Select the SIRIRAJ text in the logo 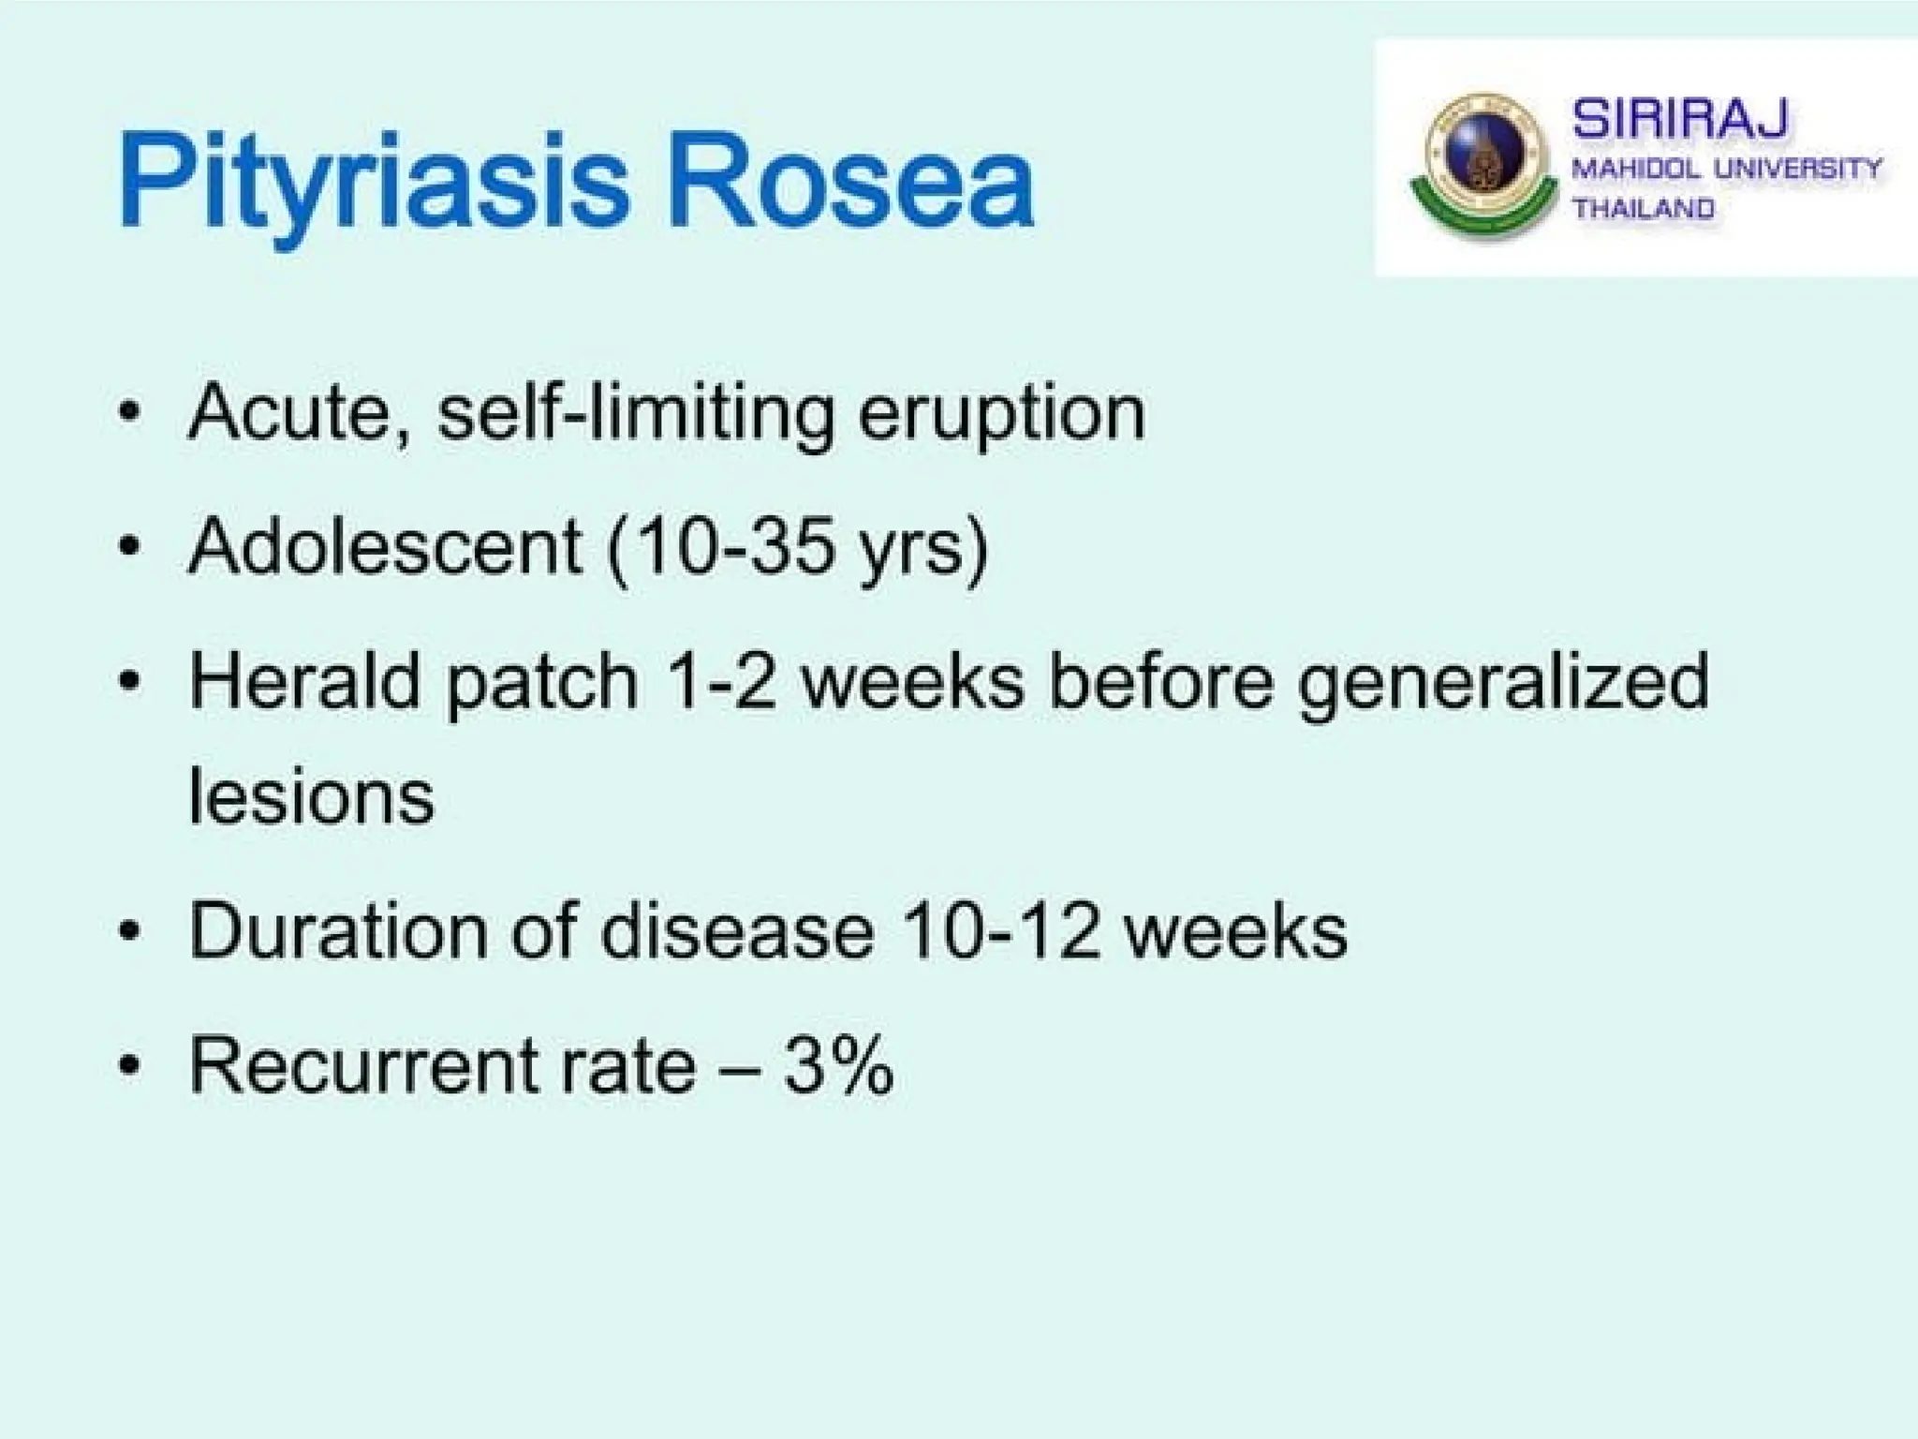coord(1679,119)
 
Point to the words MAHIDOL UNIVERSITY coord(1726,170)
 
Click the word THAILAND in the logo coord(1643,208)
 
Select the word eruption coord(1001,414)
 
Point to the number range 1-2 coord(720,681)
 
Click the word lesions coord(312,796)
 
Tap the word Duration coord(338,931)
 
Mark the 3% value coord(838,1065)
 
